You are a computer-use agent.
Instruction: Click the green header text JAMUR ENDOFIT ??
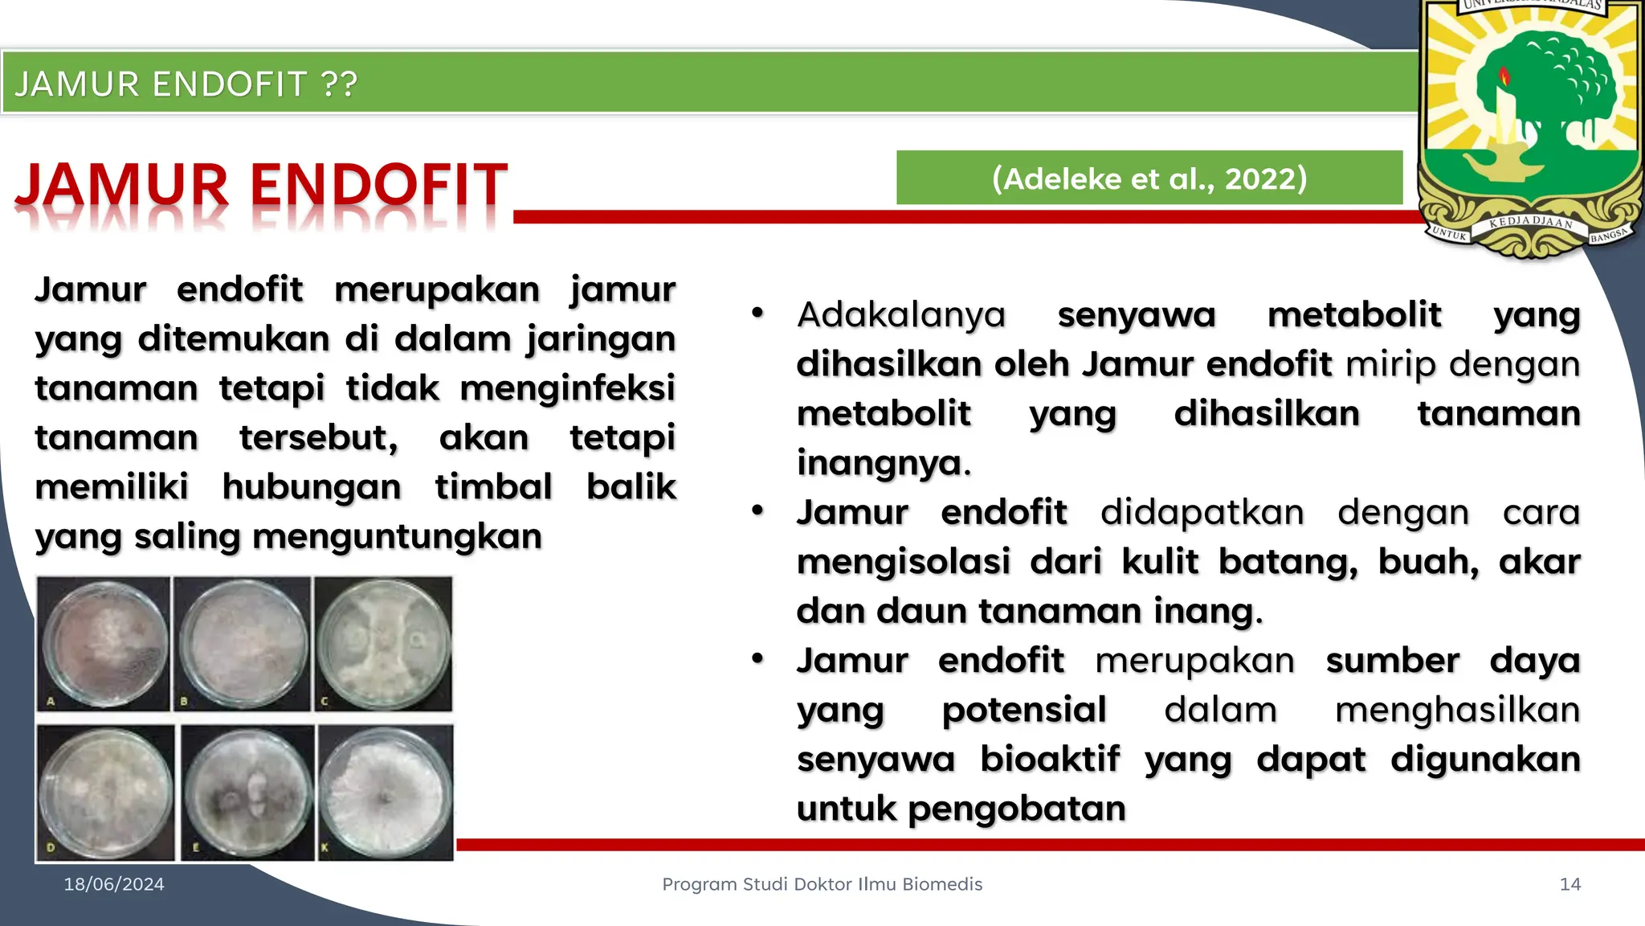(x=186, y=84)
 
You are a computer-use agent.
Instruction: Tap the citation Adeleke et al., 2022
(x=1149, y=178)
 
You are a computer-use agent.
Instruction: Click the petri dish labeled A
(x=104, y=644)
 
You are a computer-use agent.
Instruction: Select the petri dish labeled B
(x=243, y=644)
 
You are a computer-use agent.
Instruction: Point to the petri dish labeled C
(x=383, y=644)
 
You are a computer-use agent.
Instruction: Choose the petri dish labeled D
(x=106, y=793)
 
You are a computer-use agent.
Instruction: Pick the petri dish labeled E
(x=248, y=793)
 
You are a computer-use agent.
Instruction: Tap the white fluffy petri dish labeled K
(x=386, y=793)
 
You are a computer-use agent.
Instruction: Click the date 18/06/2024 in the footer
(x=114, y=884)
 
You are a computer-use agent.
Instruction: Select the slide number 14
(x=1569, y=884)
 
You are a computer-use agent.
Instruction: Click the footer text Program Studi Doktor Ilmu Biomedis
(x=822, y=884)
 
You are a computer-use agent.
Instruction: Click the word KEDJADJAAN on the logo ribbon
(x=1530, y=222)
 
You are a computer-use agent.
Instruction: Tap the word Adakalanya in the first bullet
(x=900, y=314)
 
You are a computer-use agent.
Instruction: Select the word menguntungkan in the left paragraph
(x=397, y=536)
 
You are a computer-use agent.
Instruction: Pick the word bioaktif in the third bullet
(x=1049, y=759)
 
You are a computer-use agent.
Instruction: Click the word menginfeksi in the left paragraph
(x=567, y=388)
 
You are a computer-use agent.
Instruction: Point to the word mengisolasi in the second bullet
(x=903, y=561)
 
